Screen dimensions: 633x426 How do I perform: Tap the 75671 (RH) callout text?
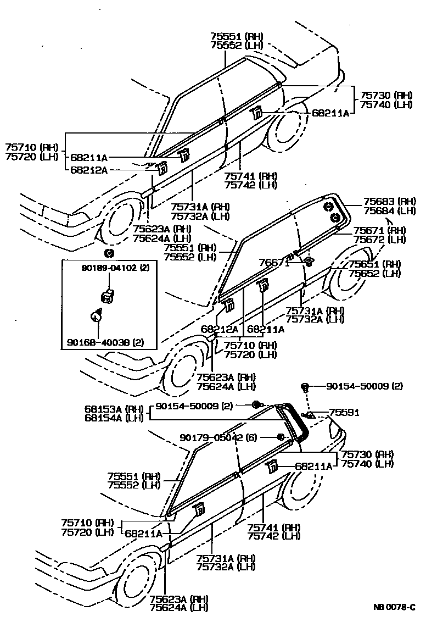(379, 230)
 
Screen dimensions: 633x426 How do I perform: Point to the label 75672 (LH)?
(379, 239)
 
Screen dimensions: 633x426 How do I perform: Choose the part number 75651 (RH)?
(374, 264)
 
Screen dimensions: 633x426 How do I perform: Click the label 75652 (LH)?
(374, 273)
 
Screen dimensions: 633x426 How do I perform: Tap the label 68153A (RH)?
(113, 409)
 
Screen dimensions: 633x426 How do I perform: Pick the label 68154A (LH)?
(113, 418)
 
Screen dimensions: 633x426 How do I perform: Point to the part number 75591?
(344, 412)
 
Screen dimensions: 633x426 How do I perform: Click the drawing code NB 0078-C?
(394, 607)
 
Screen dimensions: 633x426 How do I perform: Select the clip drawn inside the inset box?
(108, 296)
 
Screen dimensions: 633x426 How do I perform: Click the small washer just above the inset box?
(109, 253)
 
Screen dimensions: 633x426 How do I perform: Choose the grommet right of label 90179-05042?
(280, 437)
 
